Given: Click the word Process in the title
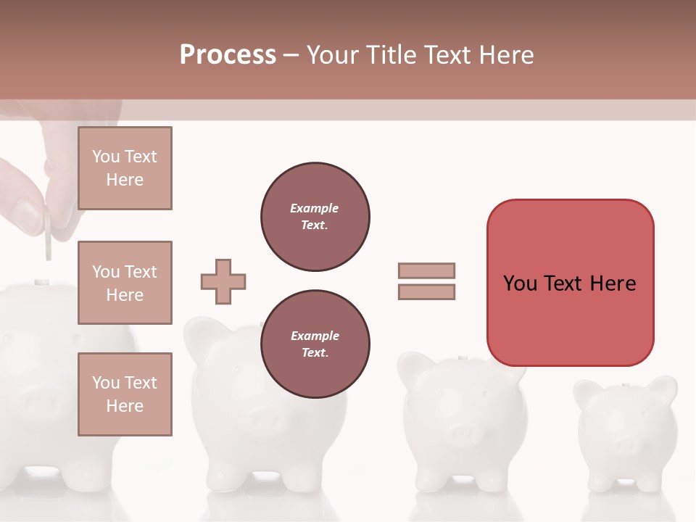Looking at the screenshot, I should pos(228,54).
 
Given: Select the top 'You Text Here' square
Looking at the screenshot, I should pos(125,168).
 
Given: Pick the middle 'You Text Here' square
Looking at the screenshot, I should pos(125,283).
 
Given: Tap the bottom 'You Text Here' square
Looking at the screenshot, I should pos(125,394).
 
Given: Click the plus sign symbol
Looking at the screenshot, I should pos(223,281).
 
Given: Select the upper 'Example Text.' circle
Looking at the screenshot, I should pos(315,217).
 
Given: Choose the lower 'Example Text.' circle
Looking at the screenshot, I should pos(315,344).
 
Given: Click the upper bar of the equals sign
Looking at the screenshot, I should pos(426,270).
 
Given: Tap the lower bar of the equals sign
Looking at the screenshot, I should pos(426,291).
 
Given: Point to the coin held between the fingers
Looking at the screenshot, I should pos(48,233).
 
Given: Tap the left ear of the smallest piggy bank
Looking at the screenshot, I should pos(587,391).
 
